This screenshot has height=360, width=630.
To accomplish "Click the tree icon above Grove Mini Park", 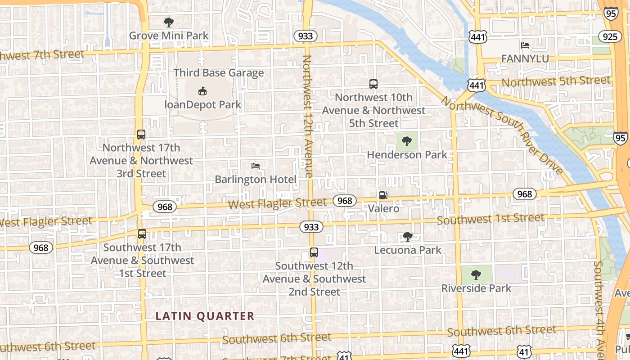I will pyautogui.click(x=169, y=22).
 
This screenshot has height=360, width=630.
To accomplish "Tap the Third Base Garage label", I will pyautogui.click(x=219, y=73).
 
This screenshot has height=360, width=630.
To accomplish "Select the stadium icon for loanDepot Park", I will pyautogui.click(x=202, y=91).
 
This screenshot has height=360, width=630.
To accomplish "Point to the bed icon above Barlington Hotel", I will pyautogui.click(x=256, y=166).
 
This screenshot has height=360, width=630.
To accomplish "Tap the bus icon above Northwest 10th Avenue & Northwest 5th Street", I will pyautogui.click(x=373, y=84).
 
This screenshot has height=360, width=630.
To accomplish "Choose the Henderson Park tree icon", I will pyautogui.click(x=407, y=141).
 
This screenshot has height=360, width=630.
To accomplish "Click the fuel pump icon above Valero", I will pyautogui.click(x=383, y=195).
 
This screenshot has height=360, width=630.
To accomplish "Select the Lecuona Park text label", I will pyautogui.click(x=408, y=250).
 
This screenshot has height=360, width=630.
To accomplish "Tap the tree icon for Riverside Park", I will pyautogui.click(x=476, y=274).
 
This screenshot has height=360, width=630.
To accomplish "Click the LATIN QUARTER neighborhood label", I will pyautogui.click(x=205, y=316).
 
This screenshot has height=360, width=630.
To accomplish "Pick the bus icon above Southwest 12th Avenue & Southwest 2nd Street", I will pyautogui.click(x=314, y=252).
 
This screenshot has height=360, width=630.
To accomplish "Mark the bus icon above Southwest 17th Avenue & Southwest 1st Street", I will pyautogui.click(x=142, y=234).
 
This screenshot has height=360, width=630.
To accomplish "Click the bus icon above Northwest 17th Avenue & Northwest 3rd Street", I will pyautogui.click(x=141, y=134).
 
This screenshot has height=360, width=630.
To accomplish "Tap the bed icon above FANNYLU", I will pyautogui.click(x=525, y=45).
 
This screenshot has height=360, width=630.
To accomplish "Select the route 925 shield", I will pyautogui.click(x=610, y=36).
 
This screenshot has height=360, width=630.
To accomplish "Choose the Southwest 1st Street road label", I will pyautogui.click(x=490, y=219).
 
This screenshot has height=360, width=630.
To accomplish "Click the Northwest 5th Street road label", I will pyautogui.click(x=556, y=81).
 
